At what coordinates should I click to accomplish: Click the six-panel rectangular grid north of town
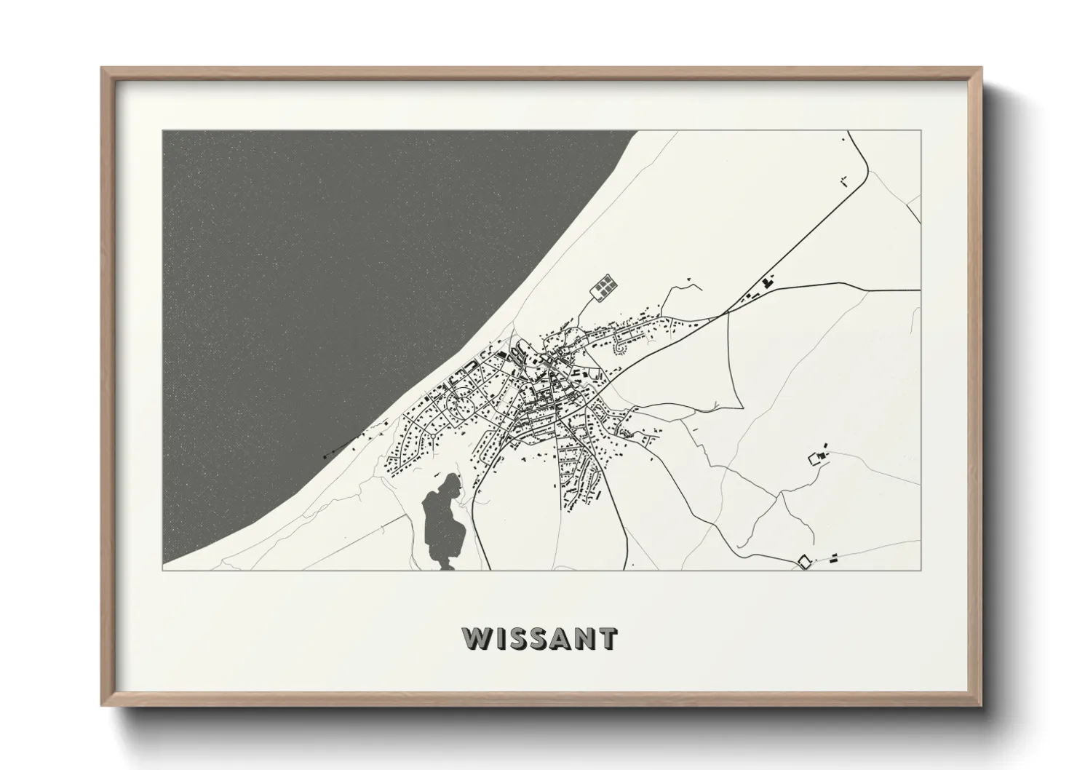[603, 287]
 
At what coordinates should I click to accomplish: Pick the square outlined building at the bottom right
[804, 561]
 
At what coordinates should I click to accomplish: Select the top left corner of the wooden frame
[103, 68]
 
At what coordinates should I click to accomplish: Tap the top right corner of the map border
[921, 130]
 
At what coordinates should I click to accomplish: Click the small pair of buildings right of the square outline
[833, 558]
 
